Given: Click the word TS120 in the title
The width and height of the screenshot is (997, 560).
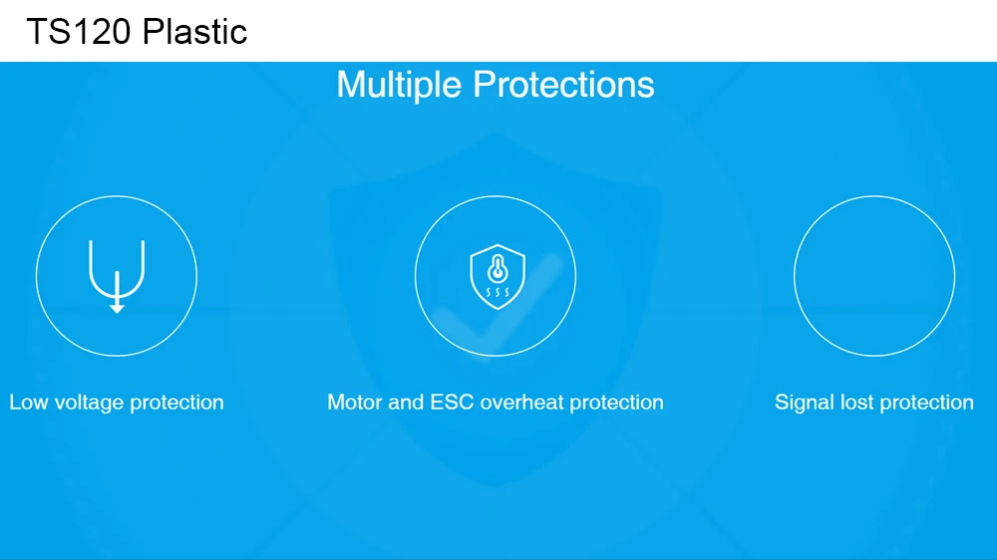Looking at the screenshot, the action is click(x=79, y=31).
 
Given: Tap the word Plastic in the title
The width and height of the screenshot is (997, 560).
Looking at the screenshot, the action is click(x=194, y=31).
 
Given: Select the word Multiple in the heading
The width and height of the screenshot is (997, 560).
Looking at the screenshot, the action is click(x=399, y=85).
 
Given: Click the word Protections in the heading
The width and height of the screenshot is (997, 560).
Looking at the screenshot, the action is click(x=563, y=85).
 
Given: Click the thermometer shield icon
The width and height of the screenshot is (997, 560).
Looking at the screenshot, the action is click(x=498, y=276).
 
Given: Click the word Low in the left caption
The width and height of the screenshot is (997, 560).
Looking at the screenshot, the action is click(x=28, y=403).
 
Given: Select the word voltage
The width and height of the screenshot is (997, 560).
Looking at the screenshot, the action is click(x=89, y=404).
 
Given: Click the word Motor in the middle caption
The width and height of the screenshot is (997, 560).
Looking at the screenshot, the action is click(x=355, y=403).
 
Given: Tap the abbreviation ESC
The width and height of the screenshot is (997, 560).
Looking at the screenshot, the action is click(x=452, y=403).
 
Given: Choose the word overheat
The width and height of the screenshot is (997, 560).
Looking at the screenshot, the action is click(x=521, y=403).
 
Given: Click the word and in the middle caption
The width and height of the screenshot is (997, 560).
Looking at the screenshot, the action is click(x=406, y=403).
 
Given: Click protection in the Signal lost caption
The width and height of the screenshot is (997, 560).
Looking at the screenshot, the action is click(x=927, y=404).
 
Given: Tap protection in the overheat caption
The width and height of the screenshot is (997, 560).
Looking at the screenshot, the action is click(x=617, y=404).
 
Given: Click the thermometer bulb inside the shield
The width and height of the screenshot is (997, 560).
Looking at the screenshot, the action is click(x=498, y=274).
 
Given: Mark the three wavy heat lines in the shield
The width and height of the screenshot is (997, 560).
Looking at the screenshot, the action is click(x=498, y=292).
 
